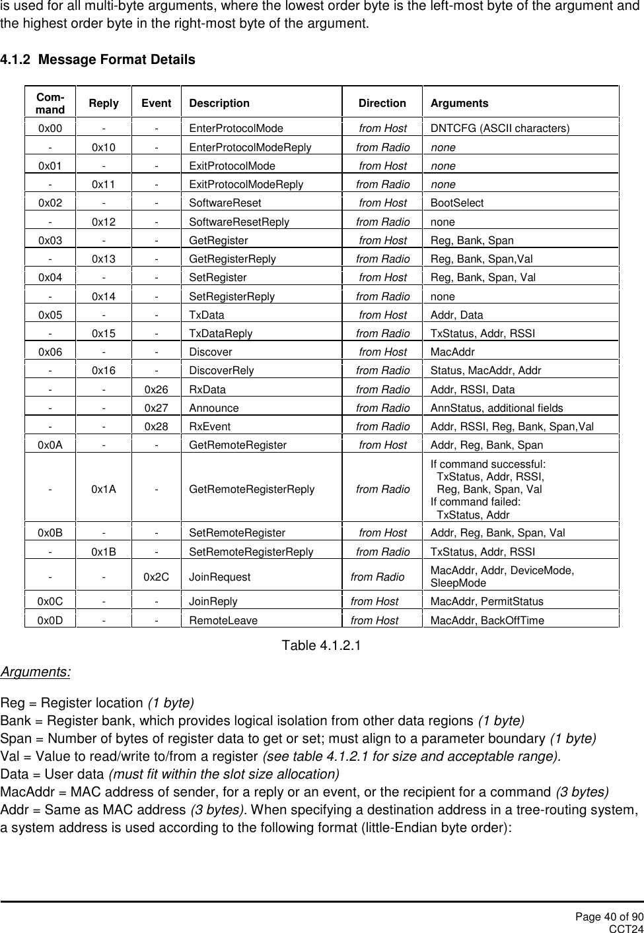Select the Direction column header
382,103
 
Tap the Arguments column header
460,103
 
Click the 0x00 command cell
51,129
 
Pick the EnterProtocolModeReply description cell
250,147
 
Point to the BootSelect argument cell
457,203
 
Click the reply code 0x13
104,259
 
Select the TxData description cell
207,315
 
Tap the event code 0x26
157,389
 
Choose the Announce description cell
214,408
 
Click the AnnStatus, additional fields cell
497,408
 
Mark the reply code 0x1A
104,489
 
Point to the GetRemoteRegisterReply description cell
252,489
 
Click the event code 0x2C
157,577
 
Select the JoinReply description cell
213,601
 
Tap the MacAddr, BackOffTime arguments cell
487,620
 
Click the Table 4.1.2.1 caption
322,645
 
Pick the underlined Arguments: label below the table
36,672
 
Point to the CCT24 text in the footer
626,928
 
